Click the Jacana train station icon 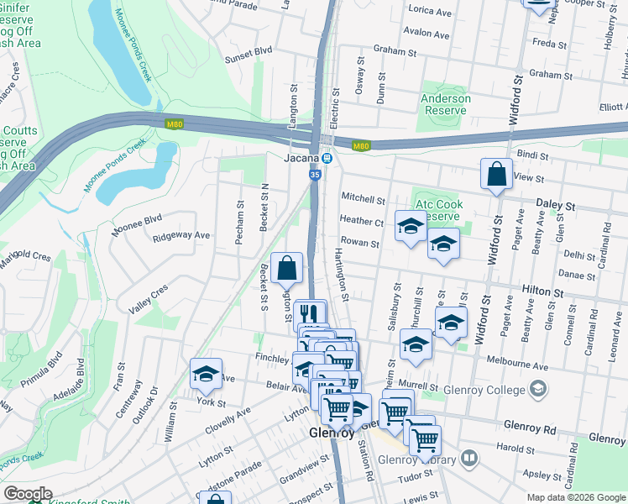pos(327,158)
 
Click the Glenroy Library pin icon pos(468,459)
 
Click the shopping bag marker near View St pos(496,175)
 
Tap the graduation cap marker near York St pos(206,375)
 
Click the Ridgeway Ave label pos(181,235)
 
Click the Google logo pos(28,494)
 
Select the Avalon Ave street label pos(427,34)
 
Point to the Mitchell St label pos(363,199)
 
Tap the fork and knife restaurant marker pos(311,314)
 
